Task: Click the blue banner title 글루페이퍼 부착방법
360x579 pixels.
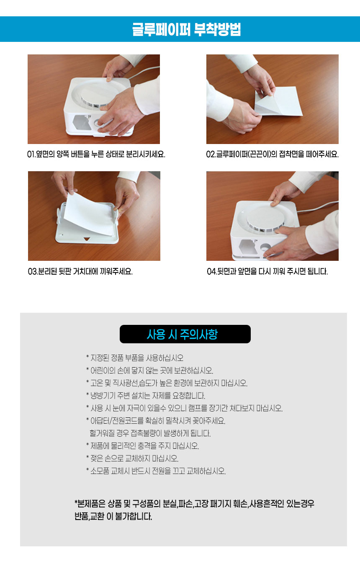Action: point(186,29)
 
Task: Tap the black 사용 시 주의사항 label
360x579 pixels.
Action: point(185,334)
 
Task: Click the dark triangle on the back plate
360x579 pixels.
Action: point(87,239)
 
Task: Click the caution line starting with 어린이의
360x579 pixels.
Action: point(149,371)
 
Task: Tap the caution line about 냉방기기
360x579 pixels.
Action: point(146,396)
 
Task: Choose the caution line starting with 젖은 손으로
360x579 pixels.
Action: point(132,458)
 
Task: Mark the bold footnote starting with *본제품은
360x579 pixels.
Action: point(194,510)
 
